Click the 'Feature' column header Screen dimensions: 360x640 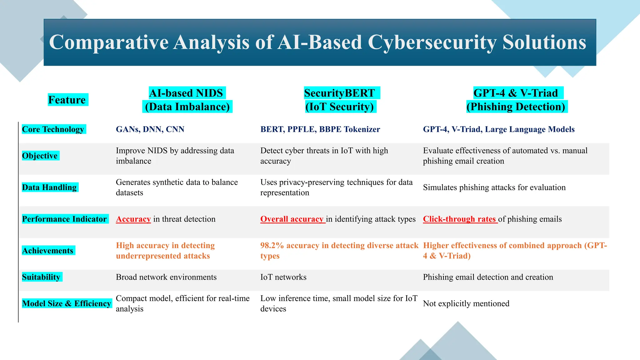click(67, 100)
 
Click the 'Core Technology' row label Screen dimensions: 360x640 click(53, 129)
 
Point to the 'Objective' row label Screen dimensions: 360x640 click(40, 156)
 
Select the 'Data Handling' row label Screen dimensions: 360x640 click(49, 187)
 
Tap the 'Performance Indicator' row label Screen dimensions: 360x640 click(64, 219)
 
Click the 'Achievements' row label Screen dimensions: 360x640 click(48, 251)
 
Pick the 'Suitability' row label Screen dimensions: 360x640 click(41, 277)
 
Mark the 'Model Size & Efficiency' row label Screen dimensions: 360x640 click(67, 303)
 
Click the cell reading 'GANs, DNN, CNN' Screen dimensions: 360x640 click(150, 129)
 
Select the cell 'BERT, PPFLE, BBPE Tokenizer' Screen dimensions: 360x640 click(320, 129)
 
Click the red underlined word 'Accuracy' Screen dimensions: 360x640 click(133, 219)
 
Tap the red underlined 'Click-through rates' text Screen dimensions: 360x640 click(459, 219)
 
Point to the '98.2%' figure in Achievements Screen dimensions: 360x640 click(272, 246)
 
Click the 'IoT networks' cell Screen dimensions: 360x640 click(283, 277)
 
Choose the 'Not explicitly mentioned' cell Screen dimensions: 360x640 click(466, 303)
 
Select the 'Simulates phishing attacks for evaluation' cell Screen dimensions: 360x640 click(494, 187)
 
